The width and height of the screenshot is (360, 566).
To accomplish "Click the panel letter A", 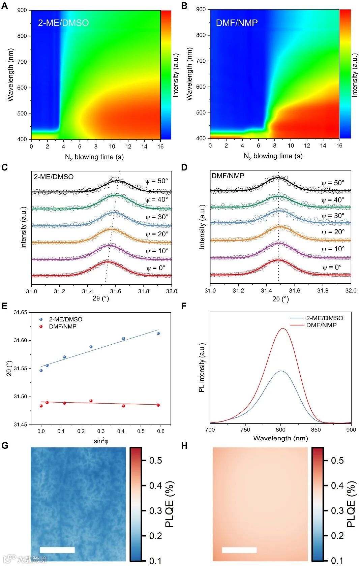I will point(5,6).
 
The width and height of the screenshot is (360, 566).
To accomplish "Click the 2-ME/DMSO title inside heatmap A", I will point(63,23).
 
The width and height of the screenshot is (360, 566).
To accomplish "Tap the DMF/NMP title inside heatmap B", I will point(237,23).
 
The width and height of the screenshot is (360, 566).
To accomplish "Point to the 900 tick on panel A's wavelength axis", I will point(22,10).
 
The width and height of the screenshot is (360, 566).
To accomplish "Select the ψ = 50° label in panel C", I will point(156,181).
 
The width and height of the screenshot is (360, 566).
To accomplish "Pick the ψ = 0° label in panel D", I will point(332,268).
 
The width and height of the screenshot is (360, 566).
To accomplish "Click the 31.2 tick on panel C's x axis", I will point(60,291).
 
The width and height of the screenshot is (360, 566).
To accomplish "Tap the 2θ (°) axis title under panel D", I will point(280,299).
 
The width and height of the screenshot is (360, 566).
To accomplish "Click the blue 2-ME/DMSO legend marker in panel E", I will point(41,319).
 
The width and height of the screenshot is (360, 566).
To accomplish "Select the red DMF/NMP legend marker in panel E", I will point(41,326).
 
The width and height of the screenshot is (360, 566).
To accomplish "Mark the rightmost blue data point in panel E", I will point(158,333).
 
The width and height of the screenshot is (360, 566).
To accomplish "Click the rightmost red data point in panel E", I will point(158,405).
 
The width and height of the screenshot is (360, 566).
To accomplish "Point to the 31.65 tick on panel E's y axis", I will point(20,312).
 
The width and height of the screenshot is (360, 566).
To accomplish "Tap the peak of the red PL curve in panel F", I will point(282,328).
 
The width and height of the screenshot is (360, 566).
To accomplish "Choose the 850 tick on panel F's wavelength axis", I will point(316,430).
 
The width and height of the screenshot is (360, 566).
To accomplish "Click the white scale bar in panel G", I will point(57,550).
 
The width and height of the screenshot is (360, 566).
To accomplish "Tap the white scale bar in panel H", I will point(239,550).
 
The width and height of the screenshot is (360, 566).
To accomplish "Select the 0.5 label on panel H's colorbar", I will point(337,461).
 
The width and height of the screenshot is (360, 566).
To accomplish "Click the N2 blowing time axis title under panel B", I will point(273,156).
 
